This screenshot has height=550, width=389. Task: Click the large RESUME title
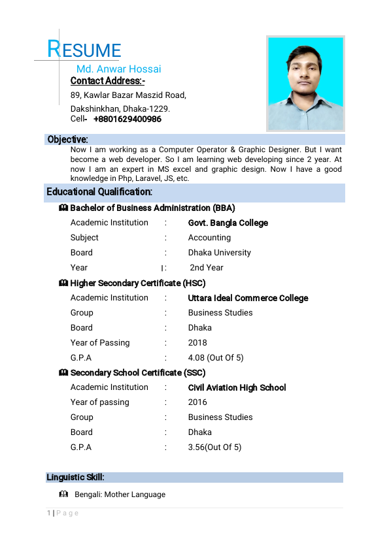coord(84,50)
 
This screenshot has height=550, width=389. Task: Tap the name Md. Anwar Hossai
coord(118,69)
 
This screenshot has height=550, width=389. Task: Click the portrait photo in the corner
coord(305,83)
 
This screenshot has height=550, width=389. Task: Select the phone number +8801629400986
coord(127,120)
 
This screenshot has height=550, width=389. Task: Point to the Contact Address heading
coord(107,81)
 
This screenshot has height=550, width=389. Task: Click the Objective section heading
coord(67,139)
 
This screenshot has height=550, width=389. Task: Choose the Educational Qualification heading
coord(99,192)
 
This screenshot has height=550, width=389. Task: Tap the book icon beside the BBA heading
coord(63,208)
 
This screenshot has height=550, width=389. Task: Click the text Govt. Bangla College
coord(228,223)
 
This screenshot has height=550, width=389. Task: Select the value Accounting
coord(209,238)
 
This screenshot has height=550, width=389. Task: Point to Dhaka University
coord(219,253)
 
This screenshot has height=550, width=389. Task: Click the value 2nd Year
coord(207,268)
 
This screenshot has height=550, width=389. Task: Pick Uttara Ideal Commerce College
coord(248,298)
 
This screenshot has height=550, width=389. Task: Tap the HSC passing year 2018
coord(197,343)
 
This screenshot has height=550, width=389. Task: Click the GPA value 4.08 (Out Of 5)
coord(216,358)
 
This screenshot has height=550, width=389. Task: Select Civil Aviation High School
coord(237,387)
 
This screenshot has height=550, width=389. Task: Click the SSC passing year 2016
coord(197,402)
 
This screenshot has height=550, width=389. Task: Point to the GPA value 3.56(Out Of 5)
coord(214,447)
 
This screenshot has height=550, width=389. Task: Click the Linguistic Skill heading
coord(75,477)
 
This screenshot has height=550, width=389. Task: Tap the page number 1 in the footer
coord(49,513)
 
